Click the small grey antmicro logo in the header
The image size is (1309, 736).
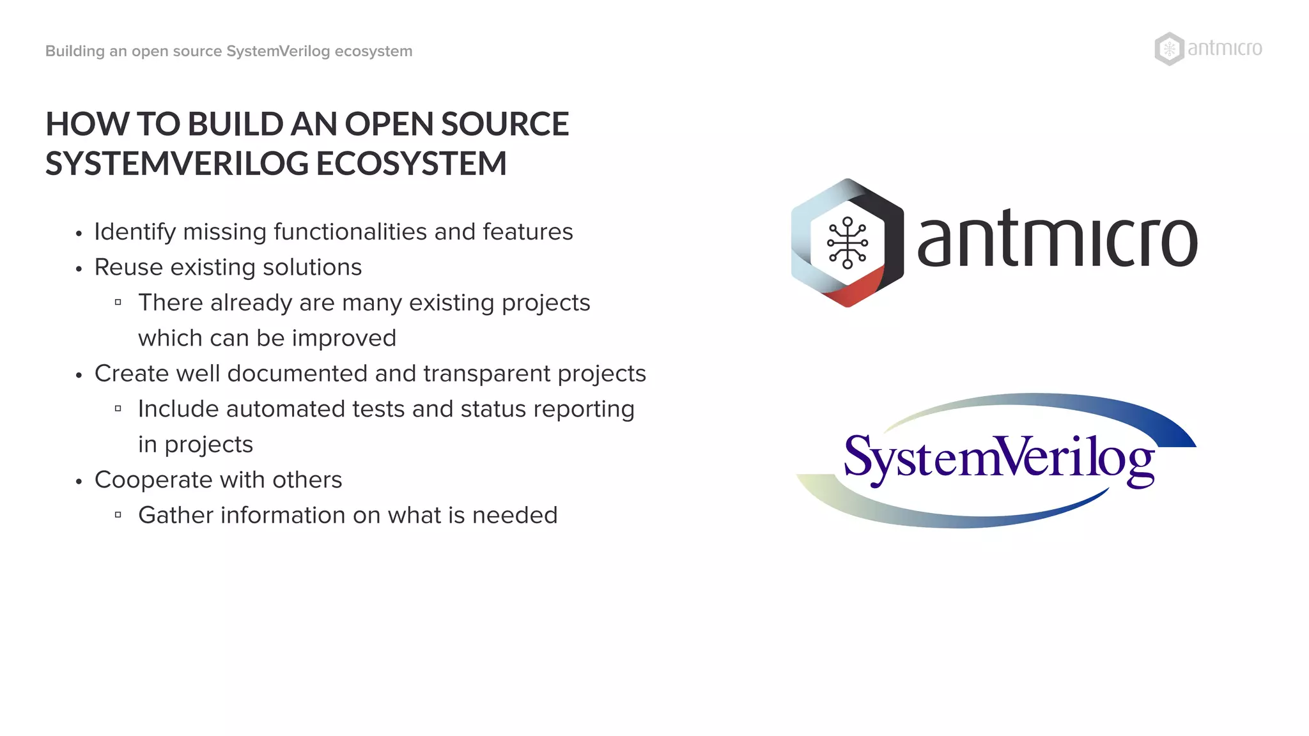point(1208,49)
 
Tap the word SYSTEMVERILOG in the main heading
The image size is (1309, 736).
point(177,164)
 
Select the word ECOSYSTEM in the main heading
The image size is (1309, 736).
point(411,164)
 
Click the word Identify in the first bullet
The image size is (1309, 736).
point(135,232)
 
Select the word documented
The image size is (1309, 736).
point(297,374)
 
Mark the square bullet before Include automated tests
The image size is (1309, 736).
point(118,409)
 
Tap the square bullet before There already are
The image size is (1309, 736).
point(118,302)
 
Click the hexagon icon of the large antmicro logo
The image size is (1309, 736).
point(847,243)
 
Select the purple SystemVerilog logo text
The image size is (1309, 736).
point(998,457)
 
